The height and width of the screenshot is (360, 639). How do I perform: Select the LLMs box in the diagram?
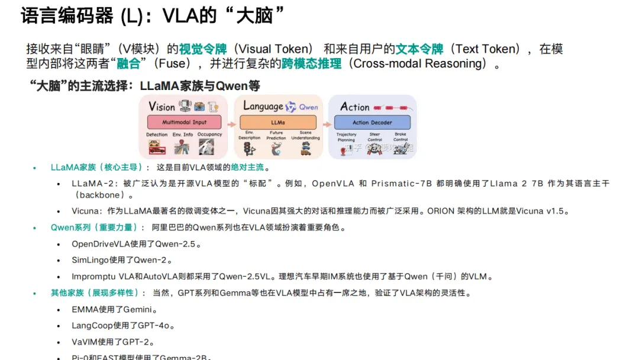(x=278, y=123)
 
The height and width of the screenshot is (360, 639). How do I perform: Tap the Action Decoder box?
(x=372, y=123)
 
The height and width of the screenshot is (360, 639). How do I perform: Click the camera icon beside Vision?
(x=199, y=107)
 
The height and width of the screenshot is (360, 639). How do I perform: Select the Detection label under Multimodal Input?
(x=157, y=135)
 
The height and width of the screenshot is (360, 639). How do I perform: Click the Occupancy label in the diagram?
(x=209, y=135)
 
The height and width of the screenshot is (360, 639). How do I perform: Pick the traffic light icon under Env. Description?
(x=249, y=149)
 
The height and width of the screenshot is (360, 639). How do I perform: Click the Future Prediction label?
(x=276, y=136)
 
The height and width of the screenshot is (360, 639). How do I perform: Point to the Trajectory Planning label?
(x=347, y=137)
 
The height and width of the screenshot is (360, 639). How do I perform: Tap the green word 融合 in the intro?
(x=128, y=64)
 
